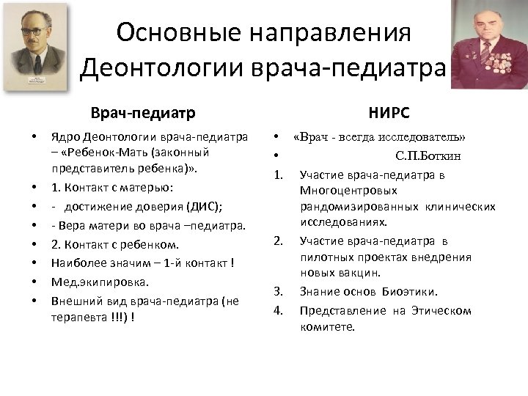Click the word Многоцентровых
tap(343, 191)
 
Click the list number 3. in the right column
tap(279, 292)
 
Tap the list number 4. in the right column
tap(279, 310)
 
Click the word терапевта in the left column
tap(76, 317)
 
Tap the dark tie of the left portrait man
tap(37, 65)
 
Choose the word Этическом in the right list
tap(440, 310)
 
